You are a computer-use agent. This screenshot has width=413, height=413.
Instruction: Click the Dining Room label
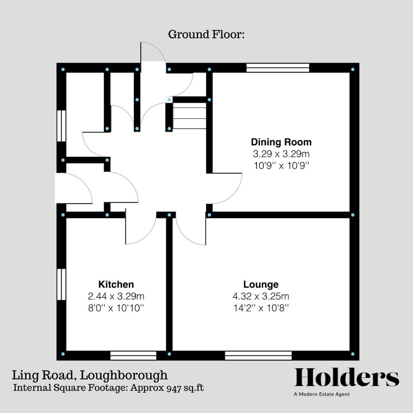coord(281,142)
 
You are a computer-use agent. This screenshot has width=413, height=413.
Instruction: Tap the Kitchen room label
coord(116,285)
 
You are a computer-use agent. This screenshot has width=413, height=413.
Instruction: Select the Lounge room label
coord(261,285)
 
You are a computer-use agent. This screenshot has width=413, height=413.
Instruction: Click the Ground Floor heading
coord(206,34)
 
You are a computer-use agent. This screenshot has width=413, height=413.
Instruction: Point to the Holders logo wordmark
coord(346,378)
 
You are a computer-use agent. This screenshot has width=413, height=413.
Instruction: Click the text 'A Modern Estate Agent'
coord(322,394)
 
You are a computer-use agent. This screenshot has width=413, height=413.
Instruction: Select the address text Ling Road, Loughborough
coord(89,375)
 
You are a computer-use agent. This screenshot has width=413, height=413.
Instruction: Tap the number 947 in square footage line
coord(172,388)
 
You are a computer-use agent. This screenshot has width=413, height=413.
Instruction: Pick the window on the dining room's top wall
coord(278,68)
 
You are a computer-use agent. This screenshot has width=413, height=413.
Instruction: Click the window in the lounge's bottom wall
coord(258,355)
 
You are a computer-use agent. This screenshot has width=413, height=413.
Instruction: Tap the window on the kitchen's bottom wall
coord(133,355)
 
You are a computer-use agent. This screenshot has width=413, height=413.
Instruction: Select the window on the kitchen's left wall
coord(61,285)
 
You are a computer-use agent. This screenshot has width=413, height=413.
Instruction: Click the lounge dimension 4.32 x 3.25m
coord(261,296)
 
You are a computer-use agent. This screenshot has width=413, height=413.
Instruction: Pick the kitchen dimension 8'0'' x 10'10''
coord(116,308)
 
